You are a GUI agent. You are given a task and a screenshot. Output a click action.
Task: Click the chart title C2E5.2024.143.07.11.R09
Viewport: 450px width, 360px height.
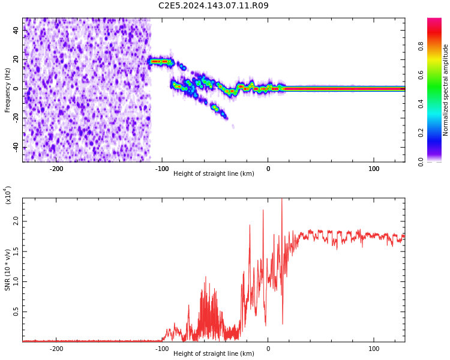click(214, 6)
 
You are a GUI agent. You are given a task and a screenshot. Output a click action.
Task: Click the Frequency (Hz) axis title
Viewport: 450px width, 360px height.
click(8, 90)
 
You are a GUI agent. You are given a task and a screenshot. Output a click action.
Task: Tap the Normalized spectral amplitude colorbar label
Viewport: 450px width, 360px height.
click(446, 90)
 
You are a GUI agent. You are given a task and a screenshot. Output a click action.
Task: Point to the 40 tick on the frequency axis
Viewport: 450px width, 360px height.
click(16, 31)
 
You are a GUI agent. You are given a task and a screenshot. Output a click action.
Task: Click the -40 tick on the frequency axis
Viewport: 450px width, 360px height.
click(15, 148)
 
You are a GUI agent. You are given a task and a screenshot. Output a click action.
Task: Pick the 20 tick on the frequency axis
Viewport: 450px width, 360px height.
click(16, 59)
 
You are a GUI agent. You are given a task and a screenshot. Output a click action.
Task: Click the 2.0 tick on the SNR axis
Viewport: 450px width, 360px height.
click(16, 222)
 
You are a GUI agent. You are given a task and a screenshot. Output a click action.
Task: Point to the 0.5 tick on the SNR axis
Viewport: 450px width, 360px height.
click(16, 312)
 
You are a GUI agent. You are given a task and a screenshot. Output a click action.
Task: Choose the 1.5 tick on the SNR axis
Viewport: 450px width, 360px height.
click(16, 252)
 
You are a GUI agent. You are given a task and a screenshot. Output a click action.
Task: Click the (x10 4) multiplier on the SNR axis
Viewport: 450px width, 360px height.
click(8, 196)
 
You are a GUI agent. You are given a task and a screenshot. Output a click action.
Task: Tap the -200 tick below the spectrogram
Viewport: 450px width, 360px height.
click(56, 169)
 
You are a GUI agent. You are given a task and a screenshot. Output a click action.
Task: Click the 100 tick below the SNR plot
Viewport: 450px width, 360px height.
click(374, 349)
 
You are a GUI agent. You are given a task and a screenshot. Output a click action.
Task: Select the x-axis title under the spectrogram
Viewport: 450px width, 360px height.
click(214, 174)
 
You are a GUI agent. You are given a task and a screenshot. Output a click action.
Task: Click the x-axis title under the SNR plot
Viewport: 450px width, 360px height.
click(214, 354)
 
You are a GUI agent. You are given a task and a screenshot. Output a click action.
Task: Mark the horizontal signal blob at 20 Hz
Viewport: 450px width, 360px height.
click(160, 61)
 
